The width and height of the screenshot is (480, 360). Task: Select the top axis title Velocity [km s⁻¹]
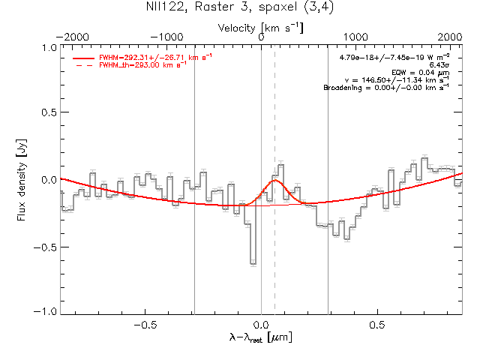click(x=261, y=27)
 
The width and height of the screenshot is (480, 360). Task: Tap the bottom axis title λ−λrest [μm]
click(x=261, y=338)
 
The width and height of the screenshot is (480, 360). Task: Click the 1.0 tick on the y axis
click(x=49, y=47)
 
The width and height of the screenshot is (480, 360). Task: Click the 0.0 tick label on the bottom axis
click(x=261, y=325)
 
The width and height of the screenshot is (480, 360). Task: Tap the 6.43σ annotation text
click(x=437, y=65)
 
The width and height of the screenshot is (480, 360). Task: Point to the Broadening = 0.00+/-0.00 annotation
click(x=385, y=88)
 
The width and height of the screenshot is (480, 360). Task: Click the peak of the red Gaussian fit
click(x=275, y=180)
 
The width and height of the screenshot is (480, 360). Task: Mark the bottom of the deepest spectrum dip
click(x=253, y=263)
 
